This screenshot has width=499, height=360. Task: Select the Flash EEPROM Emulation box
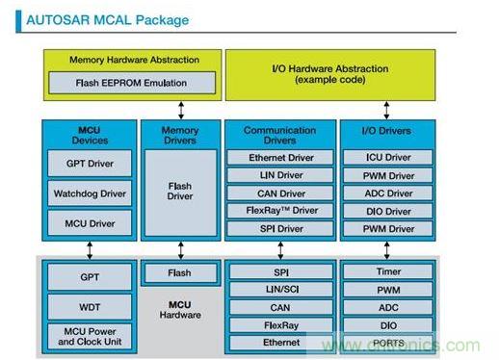coord(132,84)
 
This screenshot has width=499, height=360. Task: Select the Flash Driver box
coord(180,190)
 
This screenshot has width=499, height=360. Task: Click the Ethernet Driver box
coord(279,157)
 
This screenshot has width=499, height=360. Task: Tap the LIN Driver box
coord(279,175)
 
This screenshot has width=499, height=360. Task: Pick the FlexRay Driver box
coord(279,211)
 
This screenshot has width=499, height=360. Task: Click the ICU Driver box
coord(389,157)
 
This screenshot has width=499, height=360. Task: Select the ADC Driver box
coord(389,193)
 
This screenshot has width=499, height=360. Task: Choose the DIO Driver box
coord(389,211)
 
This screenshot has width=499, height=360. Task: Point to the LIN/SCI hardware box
coord(279,290)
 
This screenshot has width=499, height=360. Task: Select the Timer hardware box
coord(389,272)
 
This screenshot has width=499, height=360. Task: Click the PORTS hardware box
coord(389,342)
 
